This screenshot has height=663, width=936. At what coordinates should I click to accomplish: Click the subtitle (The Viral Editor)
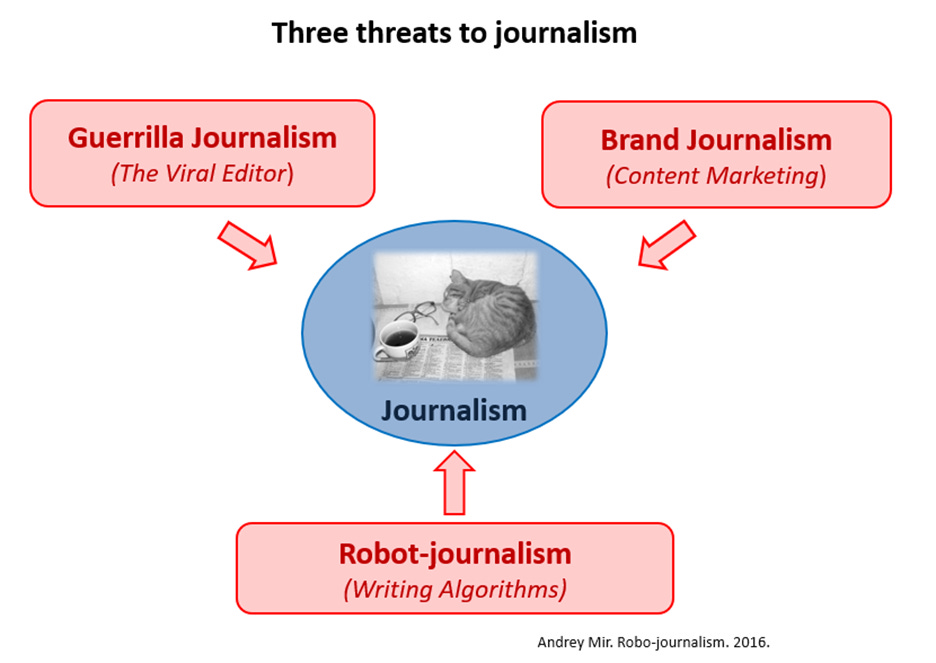pos(202,173)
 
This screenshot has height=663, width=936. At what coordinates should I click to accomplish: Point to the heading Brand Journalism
pos(716,139)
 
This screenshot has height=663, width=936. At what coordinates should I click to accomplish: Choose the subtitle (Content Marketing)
pos(716,175)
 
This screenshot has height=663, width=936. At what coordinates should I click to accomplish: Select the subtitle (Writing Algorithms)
pos(455,589)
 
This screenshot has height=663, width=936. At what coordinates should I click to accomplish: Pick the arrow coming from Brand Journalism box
pos(666,245)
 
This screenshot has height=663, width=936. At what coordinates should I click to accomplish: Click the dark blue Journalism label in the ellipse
pos(454,410)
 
